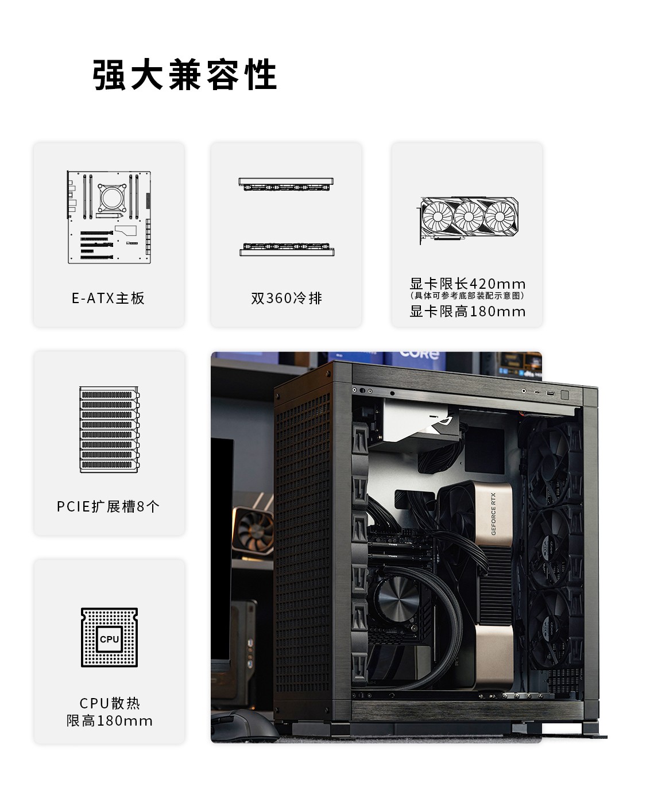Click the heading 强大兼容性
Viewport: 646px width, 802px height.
pyautogui.click(x=185, y=75)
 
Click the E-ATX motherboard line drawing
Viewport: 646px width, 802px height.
pyautogui.click(x=109, y=217)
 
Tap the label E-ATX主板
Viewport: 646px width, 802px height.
pyautogui.click(x=108, y=298)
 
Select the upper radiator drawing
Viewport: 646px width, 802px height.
pyautogui.click(x=286, y=184)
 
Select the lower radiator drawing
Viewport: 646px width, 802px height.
pyautogui.click(x=287, y=249)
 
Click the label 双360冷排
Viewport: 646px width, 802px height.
pyautogui.click(x=287, y=298)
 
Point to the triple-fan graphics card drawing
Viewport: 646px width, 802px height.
pyautogui.click(x=469, y=220)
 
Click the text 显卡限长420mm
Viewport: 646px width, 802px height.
pyautogui.click(x=467, y=284)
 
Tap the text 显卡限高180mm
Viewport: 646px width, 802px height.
pyautogui.click(x=467, y=311)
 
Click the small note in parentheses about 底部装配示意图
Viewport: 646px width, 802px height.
pyautogui.click(x=467, y=296)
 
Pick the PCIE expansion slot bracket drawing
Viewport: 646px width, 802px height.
pyautogui.click(x=110, y=429)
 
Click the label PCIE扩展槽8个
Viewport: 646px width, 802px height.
pyautogui.click(x=108, y=506)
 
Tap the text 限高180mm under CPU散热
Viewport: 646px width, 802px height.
pyautogui.click(x=110, y=721)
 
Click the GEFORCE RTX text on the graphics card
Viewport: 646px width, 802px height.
pyautogui.click(x=493, y=514)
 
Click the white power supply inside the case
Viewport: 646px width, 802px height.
pyautogui.click(x=417, y=421)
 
